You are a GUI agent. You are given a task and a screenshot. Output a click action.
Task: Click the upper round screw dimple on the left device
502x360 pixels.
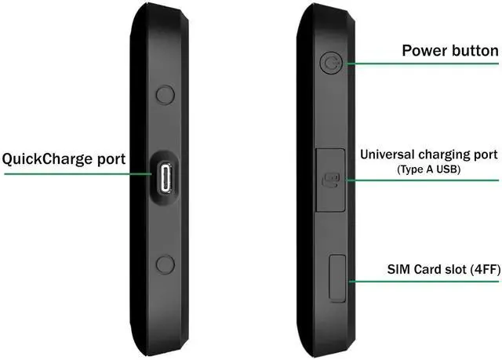[165, 95]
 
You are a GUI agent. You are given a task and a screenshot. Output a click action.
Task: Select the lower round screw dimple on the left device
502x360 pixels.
[165, 264]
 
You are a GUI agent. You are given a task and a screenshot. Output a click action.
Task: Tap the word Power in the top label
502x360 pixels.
[426, 51]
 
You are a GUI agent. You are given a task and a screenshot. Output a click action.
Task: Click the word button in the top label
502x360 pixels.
[474, 51]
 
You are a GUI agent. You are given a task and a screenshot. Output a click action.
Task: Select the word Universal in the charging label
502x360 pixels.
[390, 155]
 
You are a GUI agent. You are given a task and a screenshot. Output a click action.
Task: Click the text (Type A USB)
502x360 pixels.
[427, 169]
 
